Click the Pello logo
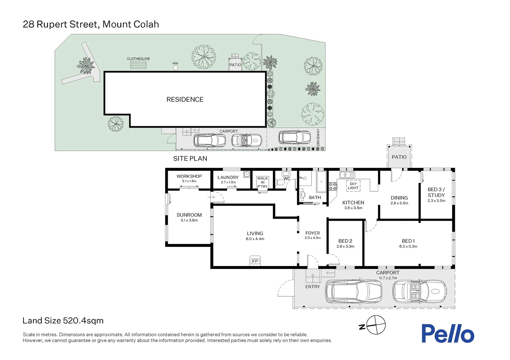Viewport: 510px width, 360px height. click(447, 334)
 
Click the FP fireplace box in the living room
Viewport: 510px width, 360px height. click(255, 261)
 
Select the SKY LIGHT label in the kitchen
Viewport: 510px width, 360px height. click(353, 186)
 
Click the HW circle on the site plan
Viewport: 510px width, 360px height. click(175, 68)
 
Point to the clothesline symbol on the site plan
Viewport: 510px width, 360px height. click(138, 65)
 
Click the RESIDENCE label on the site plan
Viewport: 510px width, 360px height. click(185, 99)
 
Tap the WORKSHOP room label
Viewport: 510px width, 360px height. click(189, 176)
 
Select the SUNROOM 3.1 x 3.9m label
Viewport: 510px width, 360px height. click(189, 217)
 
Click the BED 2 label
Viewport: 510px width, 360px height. click(345, 241)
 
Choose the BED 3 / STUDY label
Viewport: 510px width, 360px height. click(436, 192)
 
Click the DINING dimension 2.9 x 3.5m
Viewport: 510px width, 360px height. click(399, 203)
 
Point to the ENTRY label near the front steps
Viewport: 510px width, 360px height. click(312, 287)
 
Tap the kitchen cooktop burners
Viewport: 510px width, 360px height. click(333, 186)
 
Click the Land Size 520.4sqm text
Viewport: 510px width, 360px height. click(63, 321)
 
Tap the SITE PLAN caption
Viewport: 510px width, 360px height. click(190, 159)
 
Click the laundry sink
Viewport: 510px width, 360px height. click(246, 174)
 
